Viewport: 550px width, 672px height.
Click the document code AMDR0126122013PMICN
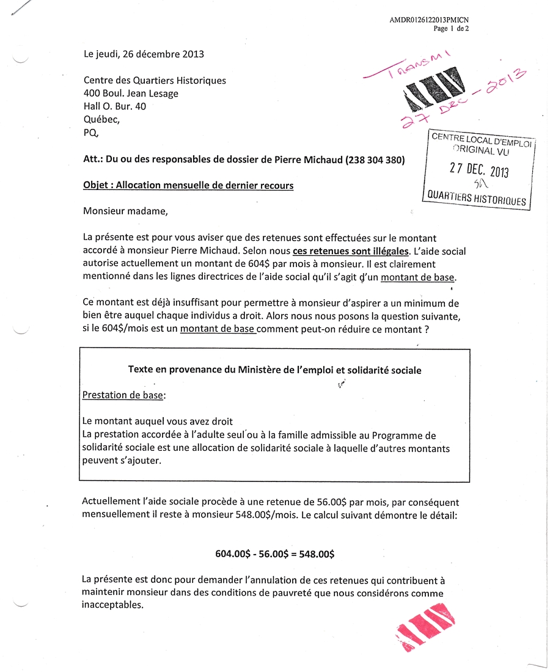(429, 20)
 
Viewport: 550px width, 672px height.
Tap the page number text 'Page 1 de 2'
(451, 28)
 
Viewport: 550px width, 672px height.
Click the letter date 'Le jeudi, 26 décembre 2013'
(144, 54)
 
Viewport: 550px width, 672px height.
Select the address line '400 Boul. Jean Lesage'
(131, 93)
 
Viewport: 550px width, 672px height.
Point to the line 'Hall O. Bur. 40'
(115, 106)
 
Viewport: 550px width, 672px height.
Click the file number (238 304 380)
(374, 160)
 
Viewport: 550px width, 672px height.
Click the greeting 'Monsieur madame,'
(125, 212)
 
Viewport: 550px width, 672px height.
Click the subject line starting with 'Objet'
(188, 185)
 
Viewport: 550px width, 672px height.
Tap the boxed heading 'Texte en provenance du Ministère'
(274, 370)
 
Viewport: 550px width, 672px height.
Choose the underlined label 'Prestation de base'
(123, 395)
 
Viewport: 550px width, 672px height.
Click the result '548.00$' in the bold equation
(315, 554)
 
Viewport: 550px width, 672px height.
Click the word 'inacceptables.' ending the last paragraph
(113, 605)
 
